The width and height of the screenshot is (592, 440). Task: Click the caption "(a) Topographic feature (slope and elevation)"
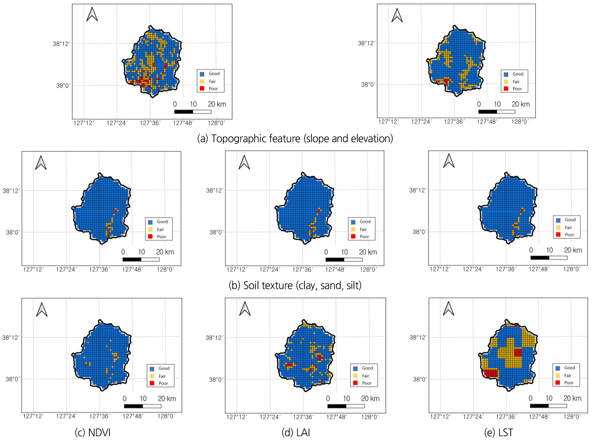pyautogui.click(x=295, y=139)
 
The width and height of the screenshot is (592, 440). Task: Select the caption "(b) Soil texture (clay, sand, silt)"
pyautogui.click(x=295, y=286)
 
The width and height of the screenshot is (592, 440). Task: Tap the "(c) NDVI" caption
pyautogui.click(x=93, y=432)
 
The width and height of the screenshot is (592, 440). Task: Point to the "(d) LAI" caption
pyautogui.click(x=296, y=432)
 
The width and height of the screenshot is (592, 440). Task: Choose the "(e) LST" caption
pyautogui.click(x=498, y=432)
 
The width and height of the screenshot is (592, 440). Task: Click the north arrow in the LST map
pyautogui.click(x=448, y=308)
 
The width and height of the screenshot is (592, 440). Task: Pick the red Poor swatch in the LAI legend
pyautogui.click(x=355, y=383)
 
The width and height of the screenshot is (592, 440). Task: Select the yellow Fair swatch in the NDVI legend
pyautogui.click(x=152, y=376)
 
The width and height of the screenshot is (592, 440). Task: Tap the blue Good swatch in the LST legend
pyautogui.click(x=558, y=368)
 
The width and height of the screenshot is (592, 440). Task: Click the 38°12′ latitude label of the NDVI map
pyautogui.click(x=11, y=338)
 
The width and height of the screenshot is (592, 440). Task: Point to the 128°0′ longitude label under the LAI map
pyautogui.click(x=370, y=417)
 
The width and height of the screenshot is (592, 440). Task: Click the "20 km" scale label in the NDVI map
pyautogui.click(x=167, y=399)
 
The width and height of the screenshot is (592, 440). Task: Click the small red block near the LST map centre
pyautogui.click(x=518, y=352)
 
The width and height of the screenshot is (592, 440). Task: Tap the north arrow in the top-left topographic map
pyautogui.click(x=92, y=14)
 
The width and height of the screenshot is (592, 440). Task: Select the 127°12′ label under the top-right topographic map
pyautogui.click(x=388, y=122)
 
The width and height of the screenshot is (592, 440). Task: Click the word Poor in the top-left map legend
pyautogui.click(x=213, y=89)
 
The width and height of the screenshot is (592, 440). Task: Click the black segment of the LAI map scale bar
pyautogui.click(x=337, y=406)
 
